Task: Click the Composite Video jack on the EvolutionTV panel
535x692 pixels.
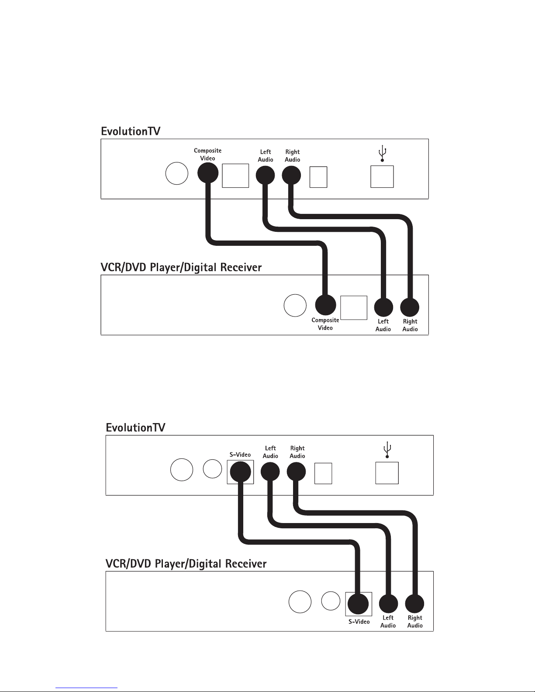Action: tap(208, 172)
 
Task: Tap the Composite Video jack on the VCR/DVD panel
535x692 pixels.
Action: tap(325, 305)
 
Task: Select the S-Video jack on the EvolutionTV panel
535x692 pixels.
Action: tap(240, 472)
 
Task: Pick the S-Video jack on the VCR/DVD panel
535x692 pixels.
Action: tap(358, 604)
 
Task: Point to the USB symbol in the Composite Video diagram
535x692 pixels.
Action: tap(382, 154)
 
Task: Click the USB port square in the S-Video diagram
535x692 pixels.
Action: tap(387, 473)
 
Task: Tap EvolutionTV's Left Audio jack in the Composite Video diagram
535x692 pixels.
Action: tap(265, 175)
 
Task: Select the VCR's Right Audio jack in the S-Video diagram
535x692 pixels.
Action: tap(415, 604)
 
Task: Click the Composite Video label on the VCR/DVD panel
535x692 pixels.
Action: tap(325, 324)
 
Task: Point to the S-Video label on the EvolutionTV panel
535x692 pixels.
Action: tap(240, 454)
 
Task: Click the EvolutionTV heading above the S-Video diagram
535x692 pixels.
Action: tap(136, 427)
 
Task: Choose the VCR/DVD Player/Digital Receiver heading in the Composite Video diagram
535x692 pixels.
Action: tap(181, 267)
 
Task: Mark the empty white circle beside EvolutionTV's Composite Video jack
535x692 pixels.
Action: tap(177, 174)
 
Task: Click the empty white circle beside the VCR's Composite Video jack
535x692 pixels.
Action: tap(295, 305)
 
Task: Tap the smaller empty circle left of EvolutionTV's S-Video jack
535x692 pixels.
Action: tap(212, 468)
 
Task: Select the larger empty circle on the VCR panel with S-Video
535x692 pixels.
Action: tap(300, 602)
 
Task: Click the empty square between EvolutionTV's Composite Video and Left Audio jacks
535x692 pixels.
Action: tap(235, 176)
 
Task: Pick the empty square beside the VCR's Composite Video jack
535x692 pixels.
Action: tap(354, 308)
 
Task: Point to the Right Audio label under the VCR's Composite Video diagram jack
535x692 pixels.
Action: tap(410, 325)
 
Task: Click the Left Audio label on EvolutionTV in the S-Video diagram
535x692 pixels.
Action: tap(270, 452)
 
